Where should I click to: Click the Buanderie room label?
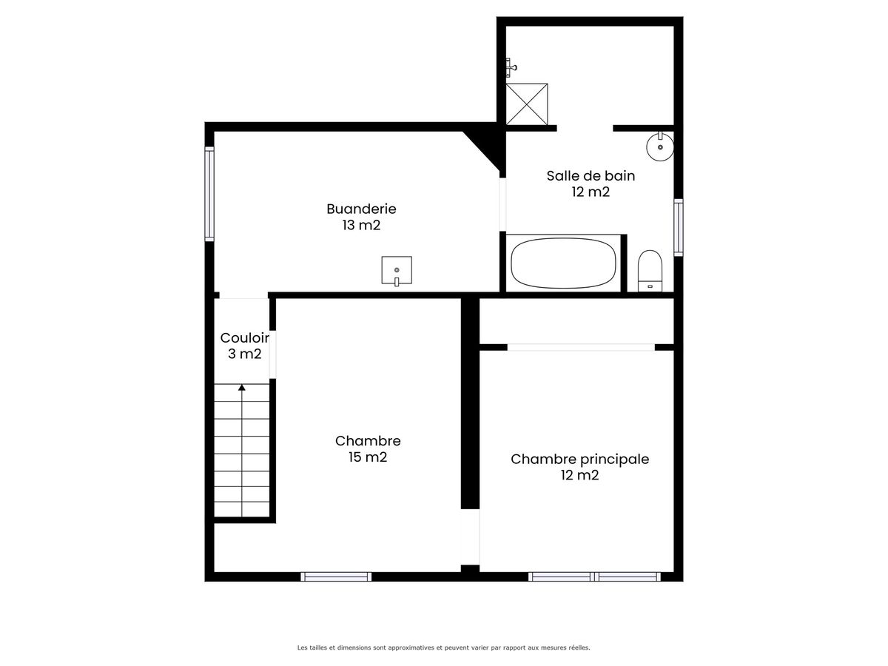pos(361,209)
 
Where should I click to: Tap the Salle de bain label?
pos(591,176)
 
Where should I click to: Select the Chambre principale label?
pos(579,460)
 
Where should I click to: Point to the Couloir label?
pos(245,337)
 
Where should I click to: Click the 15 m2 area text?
pos(368,457)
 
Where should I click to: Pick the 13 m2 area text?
pos(361,225)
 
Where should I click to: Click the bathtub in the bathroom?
pos(563,263)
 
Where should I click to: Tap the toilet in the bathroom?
pos(650,271)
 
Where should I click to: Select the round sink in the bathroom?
pos(660,147)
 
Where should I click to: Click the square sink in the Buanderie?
pos(397,271)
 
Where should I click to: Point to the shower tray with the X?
pos(527,104)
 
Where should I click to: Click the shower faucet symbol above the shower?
pos(511,67)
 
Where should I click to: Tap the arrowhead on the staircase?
pos(242,387)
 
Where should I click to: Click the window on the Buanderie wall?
pos(209,194)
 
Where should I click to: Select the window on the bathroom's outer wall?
pos(679,227)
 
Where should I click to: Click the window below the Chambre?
pos(336,576)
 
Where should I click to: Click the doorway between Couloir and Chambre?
pos(272,354)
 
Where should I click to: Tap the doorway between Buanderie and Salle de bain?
pos(502,204)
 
